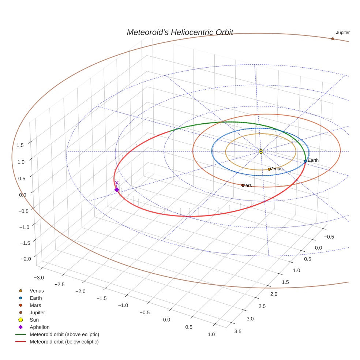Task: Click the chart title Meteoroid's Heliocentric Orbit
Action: pos(180,32)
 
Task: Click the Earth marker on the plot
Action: pos(305,161)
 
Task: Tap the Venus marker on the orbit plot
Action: pos(269,169)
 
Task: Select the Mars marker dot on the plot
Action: pos(243,185)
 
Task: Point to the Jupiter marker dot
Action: pos(333,39)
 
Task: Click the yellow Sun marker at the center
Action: pos(261,151)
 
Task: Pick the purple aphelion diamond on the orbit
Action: pos(117,190)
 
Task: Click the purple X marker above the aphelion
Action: pos(117,183)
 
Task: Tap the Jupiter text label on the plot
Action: pos(343,33)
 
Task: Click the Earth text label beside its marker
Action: pos(313,160)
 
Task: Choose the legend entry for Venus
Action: pos(37,291)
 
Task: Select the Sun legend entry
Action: pos(34,320)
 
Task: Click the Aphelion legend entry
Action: pos(39,327)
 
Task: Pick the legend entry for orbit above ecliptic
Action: pos(64,334)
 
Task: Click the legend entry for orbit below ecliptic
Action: pos(64,342)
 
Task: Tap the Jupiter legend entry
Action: pos(37,312)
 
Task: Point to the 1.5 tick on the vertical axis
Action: pos(20,145)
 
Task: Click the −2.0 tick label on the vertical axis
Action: pos(26,259)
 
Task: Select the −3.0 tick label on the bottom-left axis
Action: pos(38,278)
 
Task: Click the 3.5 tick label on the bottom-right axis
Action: pos(237,331)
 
